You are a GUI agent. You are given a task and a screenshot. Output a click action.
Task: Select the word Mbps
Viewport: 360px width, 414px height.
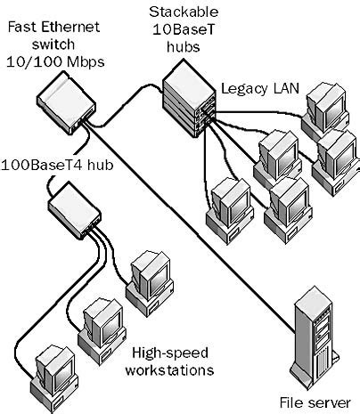click(x=81, y=64)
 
